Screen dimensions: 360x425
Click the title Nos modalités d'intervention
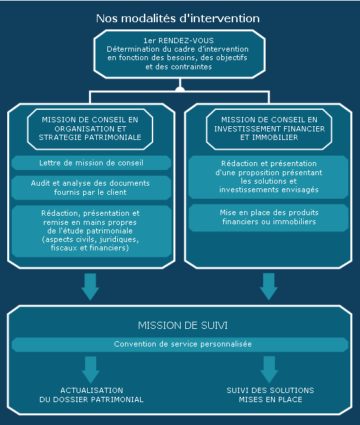coord(178,18)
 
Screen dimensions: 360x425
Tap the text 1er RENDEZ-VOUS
coord(179,41)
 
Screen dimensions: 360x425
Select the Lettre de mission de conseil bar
coord(92,163)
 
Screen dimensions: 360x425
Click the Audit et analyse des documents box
coord(92,188)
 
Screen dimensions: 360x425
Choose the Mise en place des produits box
coord(268,218)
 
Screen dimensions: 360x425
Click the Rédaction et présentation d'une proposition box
coord(268,177)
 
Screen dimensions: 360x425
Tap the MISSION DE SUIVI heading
coord(183,325)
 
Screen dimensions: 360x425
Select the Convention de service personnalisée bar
coord(180,345)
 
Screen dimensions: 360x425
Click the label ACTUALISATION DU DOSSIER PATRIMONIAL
coord(92,395)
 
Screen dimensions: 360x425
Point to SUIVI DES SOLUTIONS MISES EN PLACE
coord(270,395)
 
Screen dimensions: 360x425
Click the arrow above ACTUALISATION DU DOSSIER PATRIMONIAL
coord(90,369)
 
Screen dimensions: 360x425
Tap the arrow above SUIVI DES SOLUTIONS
coord(269,369)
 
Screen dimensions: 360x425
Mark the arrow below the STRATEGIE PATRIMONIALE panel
coord(90,287)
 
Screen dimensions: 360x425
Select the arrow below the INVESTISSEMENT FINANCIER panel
coord(268,287)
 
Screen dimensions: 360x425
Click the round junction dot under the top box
coord(180,90)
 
